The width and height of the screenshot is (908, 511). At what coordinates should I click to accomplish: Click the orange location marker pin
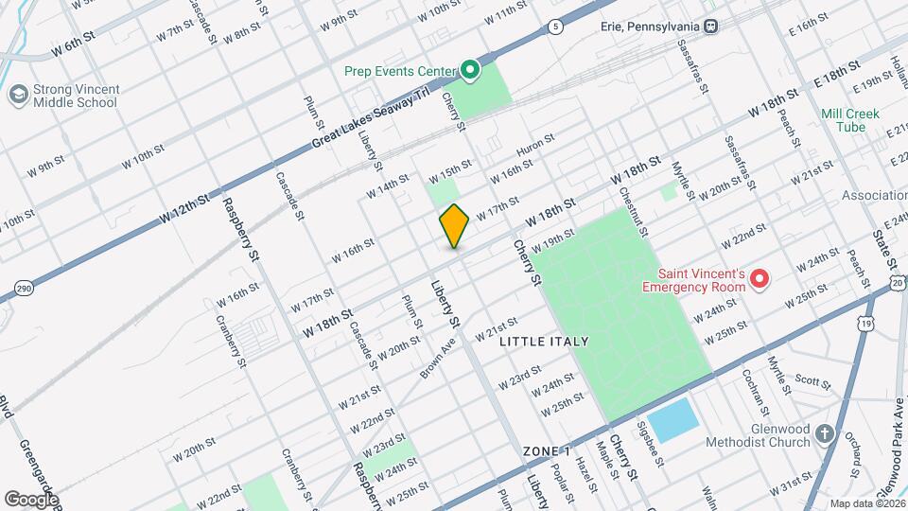tap(455, 226)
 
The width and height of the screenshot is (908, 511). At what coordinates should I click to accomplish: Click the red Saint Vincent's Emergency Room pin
tap(758, 278)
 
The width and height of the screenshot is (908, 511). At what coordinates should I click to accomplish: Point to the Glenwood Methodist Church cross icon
tap(825, 433)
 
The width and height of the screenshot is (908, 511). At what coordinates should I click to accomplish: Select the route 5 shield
tap(555, 25)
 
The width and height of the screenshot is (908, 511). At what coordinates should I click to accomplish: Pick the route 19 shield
tap(864, 324)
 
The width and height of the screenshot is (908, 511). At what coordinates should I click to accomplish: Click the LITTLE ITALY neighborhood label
tap(544, 342)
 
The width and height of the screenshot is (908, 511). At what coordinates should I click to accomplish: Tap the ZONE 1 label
tap(547, 451)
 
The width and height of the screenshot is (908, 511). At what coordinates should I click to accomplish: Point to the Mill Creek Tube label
tap(850, 120)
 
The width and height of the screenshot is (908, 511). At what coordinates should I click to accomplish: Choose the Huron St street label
tap(535, 146)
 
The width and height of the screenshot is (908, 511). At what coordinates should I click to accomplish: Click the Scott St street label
tap(812, 381)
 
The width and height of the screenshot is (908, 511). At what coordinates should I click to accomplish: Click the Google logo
tap(31, 499)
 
